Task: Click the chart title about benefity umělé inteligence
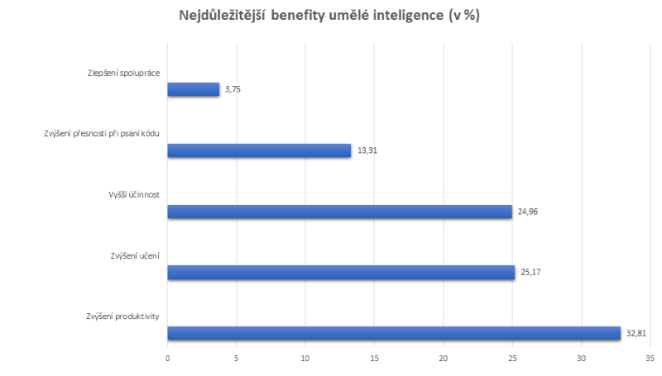click(x=329, y=16)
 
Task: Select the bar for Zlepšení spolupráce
click(x=194, y=89)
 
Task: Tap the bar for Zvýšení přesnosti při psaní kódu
click(x=259, y=150)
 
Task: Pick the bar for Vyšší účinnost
click(x=339, y=212)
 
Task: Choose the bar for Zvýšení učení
click(x=341, y=273)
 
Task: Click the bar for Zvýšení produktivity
click(x=394, y=334)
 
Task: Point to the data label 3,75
click(x=233, y=89)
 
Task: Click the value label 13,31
click(x=367, y=150)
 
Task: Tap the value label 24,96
click(x=528, y=212)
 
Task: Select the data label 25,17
click(x=530, y=273)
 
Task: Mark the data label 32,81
click(x=636, y=334)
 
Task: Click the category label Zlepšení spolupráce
click(x=123, y=73)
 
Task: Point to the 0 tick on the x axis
click(x=167, y=358)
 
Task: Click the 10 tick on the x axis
click(x=305, y=358)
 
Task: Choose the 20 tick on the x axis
click(x=444, y=358)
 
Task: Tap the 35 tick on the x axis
click(x=650, y=358)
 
